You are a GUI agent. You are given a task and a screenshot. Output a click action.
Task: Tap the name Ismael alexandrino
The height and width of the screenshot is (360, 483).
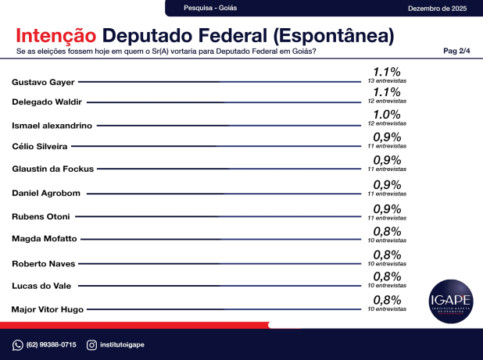coord(52,125)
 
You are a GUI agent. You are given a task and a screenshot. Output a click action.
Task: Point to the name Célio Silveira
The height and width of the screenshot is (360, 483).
coord(39,146)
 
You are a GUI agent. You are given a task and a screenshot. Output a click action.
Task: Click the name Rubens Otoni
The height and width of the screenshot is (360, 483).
coord(41,216)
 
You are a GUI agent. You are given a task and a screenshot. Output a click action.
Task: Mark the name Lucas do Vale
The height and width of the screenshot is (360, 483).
coord(40,286)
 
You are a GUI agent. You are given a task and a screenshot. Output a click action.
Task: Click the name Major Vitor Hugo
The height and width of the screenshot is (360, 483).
coord(47,309)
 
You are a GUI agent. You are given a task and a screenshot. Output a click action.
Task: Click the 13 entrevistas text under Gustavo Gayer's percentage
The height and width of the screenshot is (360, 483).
coord(387,81)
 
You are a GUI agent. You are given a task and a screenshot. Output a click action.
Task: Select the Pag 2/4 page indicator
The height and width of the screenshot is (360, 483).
coord(456,51)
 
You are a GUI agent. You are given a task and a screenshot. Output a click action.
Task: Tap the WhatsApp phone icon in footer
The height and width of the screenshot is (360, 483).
coord(17,345)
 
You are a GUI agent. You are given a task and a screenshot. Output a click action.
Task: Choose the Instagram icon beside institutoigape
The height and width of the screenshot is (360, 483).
coord(91,345)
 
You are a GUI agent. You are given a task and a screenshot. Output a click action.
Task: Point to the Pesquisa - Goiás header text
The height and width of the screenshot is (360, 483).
coord(210,8)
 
